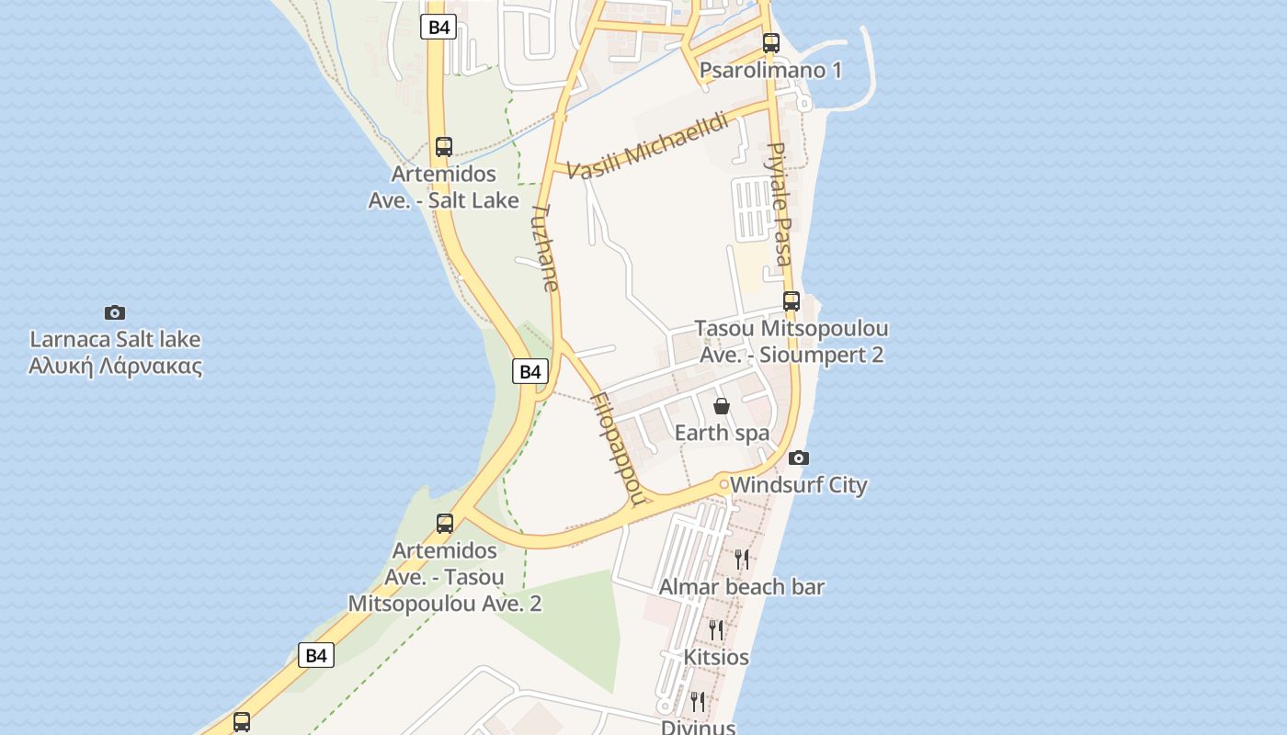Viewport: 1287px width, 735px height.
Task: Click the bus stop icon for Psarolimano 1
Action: click(x=770, y=42)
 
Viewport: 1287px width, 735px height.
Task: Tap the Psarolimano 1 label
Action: click(x=770, y=71)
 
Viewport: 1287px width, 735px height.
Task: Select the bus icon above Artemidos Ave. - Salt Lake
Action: click(x=444, y=146)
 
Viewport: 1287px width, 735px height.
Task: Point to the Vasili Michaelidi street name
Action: click(x=647, y=146)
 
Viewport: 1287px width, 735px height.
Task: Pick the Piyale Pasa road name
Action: click(x=780, y=203)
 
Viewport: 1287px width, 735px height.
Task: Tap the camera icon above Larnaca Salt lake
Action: click(x=115, y=312)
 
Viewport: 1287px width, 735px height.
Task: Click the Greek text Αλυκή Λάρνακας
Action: click(x=115, y=367)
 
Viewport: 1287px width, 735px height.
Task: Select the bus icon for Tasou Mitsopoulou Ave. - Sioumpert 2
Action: click(x=792, y=300)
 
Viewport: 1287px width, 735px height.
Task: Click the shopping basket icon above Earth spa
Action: click(x=722, y=405)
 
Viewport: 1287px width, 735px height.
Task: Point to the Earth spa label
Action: click(x=722, y=433)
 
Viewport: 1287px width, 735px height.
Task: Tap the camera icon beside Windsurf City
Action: click(x=799, y=458)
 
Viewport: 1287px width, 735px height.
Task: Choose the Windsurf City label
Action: click(x=798, y=485)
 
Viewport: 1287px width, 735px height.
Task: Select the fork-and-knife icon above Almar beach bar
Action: click(x=742, y=559)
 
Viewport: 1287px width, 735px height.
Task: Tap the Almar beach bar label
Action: click(x=742, y=586)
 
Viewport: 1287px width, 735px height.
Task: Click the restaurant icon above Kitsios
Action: click(x=716, y=629)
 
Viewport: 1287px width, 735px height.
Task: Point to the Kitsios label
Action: click(x=716, y=657)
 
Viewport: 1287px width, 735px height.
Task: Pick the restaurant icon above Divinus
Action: click(x=698, y=701)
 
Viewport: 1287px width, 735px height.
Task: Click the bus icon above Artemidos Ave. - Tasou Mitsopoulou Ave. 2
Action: click(x=445, y=524)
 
